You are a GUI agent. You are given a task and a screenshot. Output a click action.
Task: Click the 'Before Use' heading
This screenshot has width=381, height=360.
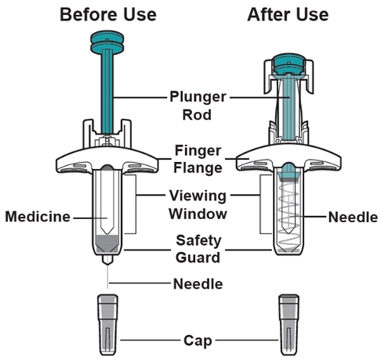pyautogui.click(x=108, y=14)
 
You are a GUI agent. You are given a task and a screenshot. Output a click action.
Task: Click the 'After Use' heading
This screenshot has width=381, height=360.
pyautogui.click(x=288, y=14)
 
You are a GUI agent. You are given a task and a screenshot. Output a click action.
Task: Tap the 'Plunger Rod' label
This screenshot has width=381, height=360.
pyautogui.click(x=197, y=106)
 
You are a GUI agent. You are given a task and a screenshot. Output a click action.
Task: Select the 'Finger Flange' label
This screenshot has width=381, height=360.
pyautogui.click(x=198, y=159)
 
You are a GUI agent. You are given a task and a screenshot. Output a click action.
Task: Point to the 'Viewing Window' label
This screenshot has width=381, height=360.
pyautogui.click(x=198, y=205)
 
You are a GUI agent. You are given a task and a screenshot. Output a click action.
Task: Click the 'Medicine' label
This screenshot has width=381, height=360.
pyautogui.click(x=38, y=217)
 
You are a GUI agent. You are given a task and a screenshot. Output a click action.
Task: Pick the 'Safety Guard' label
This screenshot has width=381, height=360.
pyautogui.click(x=198, y=249)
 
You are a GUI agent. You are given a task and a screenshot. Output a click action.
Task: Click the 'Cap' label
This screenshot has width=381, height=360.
pyautogui.click(x=197, y=340)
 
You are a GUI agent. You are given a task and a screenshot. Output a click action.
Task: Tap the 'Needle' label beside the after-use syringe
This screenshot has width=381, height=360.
pyautogui.click(x=353, y=218)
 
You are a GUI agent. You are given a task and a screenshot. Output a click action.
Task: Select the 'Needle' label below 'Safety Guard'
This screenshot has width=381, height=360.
pyautogui.click(x=198, y=284)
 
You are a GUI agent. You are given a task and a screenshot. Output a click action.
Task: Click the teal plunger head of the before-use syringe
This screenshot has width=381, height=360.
pyautogui.click(x=107, y=42)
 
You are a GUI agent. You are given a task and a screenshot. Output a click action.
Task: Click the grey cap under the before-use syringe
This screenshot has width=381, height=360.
pyautogui.click(x=108, y=325)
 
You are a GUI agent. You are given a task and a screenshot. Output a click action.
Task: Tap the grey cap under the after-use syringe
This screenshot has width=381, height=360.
pyautogui.click(x=289, y=325)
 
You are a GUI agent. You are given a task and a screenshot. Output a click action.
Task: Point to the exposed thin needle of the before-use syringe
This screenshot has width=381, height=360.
pyautogui.click(x=107, y=277)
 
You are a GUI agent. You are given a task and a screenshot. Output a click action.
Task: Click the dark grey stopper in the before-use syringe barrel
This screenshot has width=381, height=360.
pyautogui.click(x=107, y=244)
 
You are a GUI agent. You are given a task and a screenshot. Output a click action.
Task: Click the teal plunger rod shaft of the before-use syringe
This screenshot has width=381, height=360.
pyautogui.click(x=107, y=91)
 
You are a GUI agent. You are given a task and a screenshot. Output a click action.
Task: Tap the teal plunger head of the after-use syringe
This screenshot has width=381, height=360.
pyautogui.click(x=288, y=65)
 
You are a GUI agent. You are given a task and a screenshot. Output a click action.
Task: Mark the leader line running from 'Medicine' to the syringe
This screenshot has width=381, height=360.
pyautogui.click(x=90, y=218)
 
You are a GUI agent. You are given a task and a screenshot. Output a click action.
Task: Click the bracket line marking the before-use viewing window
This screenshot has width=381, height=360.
pyautogui.click(x=136, y=204)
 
